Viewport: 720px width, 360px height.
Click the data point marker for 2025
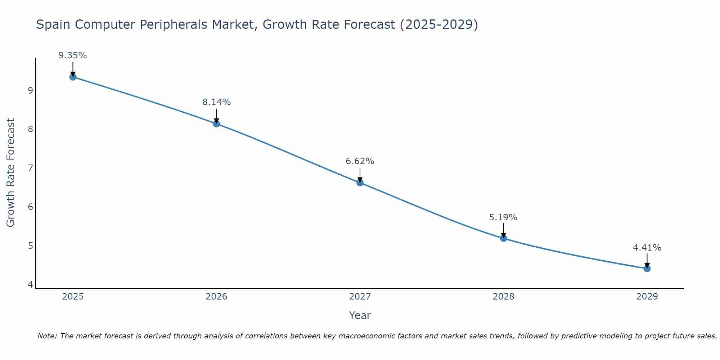click(x=73, y=77)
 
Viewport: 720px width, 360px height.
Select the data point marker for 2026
click(x=216, y=124)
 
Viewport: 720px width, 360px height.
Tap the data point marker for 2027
click(x=360, y=183)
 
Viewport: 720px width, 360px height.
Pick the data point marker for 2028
click(x=503, y=238)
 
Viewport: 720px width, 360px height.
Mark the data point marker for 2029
click(x=647, y=269)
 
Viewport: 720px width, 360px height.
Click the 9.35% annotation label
click(x=73, y=55)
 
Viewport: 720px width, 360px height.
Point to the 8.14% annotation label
click(x=216, y=102)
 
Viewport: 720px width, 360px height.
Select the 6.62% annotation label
click(x=360, y=161)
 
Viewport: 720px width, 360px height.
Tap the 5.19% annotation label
click(x=503, y=217)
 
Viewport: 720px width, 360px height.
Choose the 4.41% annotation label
click(x=647, y=248)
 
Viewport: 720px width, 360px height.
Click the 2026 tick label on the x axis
click(x=216, y=297)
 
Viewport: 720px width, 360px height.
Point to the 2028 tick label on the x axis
click(x=503, y=297)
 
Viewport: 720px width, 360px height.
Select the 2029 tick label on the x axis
click(x=647, y=297)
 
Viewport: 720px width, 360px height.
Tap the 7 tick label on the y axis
click(x=30, y=168)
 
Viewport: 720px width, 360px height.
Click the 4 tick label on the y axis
click(x=30, y=285)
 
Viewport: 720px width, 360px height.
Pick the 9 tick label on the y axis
click(x=30, y=90)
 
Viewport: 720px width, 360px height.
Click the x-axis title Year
click(x=360, y=315)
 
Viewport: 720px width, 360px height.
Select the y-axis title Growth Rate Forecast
click(x=11, y=173)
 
